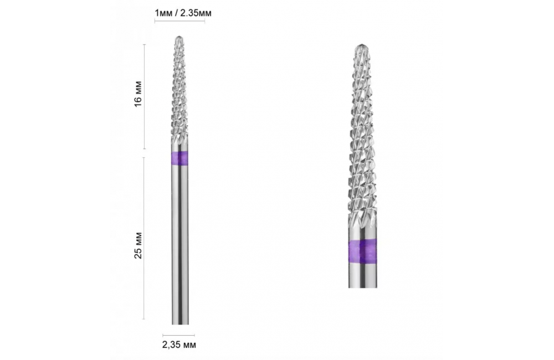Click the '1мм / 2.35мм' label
[183, 13]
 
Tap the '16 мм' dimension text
[138, 92]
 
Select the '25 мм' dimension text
[138, 245]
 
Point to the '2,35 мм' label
[179, 344]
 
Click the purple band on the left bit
[179, 158]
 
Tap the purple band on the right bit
[362, 251]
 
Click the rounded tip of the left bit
[180, 37]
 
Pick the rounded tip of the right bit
[362, 45]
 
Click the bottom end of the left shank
[180, 323]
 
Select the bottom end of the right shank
[362, 286]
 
